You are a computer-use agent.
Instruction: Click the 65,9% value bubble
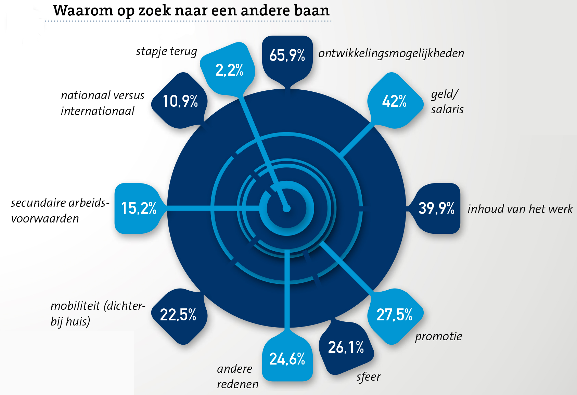[287, 55]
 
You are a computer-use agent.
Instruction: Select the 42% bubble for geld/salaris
[394, 101]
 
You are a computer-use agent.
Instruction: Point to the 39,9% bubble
[436, 208]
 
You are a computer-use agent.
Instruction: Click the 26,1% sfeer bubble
[346, 347]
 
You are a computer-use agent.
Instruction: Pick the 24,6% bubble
[287, 359]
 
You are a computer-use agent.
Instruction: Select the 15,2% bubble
[139, 208]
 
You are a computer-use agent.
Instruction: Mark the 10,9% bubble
[180, 101]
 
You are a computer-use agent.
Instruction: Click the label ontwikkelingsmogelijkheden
[391, 53]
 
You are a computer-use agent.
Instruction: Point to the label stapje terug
[166, 51]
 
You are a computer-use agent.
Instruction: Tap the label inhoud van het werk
[520, 209]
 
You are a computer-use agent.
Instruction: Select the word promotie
[438, 336]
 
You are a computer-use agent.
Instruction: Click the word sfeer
[368, 377]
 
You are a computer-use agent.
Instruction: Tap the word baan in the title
[311, 11]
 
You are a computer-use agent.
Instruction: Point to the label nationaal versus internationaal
[102, 103]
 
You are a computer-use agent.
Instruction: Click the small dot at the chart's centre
[287, 208]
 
